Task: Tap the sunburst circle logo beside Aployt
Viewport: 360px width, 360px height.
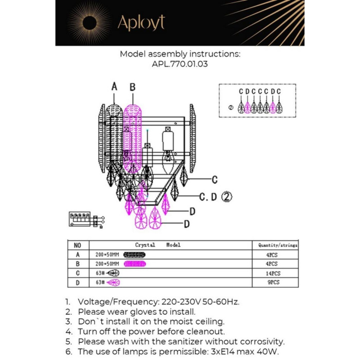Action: pyautogui.click(x=89, y=23)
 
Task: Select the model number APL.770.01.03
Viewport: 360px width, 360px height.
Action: pyautogui.click(x=179, y=64)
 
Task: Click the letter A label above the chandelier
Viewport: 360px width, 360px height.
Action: pyautogui.click(x=114, y=87)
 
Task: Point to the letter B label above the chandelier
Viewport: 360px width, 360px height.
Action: pyautogui.click(x=132, y=87)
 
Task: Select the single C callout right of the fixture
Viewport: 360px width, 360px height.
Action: pyautogui.click(x=214, y=179)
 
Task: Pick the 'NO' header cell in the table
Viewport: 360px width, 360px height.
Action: pyautogui.click(x=78, y=245)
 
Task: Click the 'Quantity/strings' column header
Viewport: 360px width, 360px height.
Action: pyautogui.click(x=277, y=245)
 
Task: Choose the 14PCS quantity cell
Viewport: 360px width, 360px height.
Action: pyautogui.click(x=274, y=274)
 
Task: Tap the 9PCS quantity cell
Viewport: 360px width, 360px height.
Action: pyautogui.click(x=274, y=283)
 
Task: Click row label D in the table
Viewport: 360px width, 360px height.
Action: pyautogui.click(x=78, y=283)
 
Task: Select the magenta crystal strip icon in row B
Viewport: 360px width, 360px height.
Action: pyautogui.click(x=135, y=264)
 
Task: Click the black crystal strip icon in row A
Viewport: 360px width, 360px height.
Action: pyautogui.click(x=135, y=255)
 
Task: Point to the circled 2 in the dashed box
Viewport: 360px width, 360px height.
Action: pyautogui.click(x=231, y=108)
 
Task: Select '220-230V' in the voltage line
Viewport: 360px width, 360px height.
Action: pyautogui.click(x=181, y=302)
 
